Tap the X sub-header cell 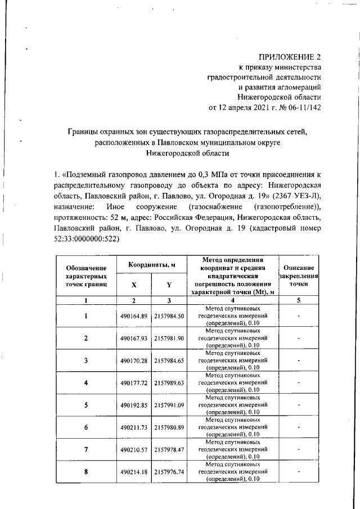133,286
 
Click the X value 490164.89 133,317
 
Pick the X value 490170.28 133,360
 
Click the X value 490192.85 133,404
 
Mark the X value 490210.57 133,449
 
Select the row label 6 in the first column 85,427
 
